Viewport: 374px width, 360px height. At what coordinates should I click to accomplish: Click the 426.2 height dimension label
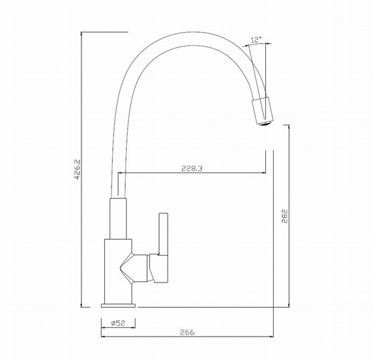78,170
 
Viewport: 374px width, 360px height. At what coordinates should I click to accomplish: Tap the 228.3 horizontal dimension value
192,168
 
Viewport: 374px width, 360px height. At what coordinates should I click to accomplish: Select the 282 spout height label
285,216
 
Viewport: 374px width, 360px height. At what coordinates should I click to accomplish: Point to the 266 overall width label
187,332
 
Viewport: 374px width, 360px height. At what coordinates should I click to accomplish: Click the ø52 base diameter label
118,323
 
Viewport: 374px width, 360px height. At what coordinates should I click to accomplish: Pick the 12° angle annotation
256,39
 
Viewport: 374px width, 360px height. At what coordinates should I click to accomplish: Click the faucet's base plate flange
118,306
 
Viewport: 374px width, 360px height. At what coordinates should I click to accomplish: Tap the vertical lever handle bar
164,234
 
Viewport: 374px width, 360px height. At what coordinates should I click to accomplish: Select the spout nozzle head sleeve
262,110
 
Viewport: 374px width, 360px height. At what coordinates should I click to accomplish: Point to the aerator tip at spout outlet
265,124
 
